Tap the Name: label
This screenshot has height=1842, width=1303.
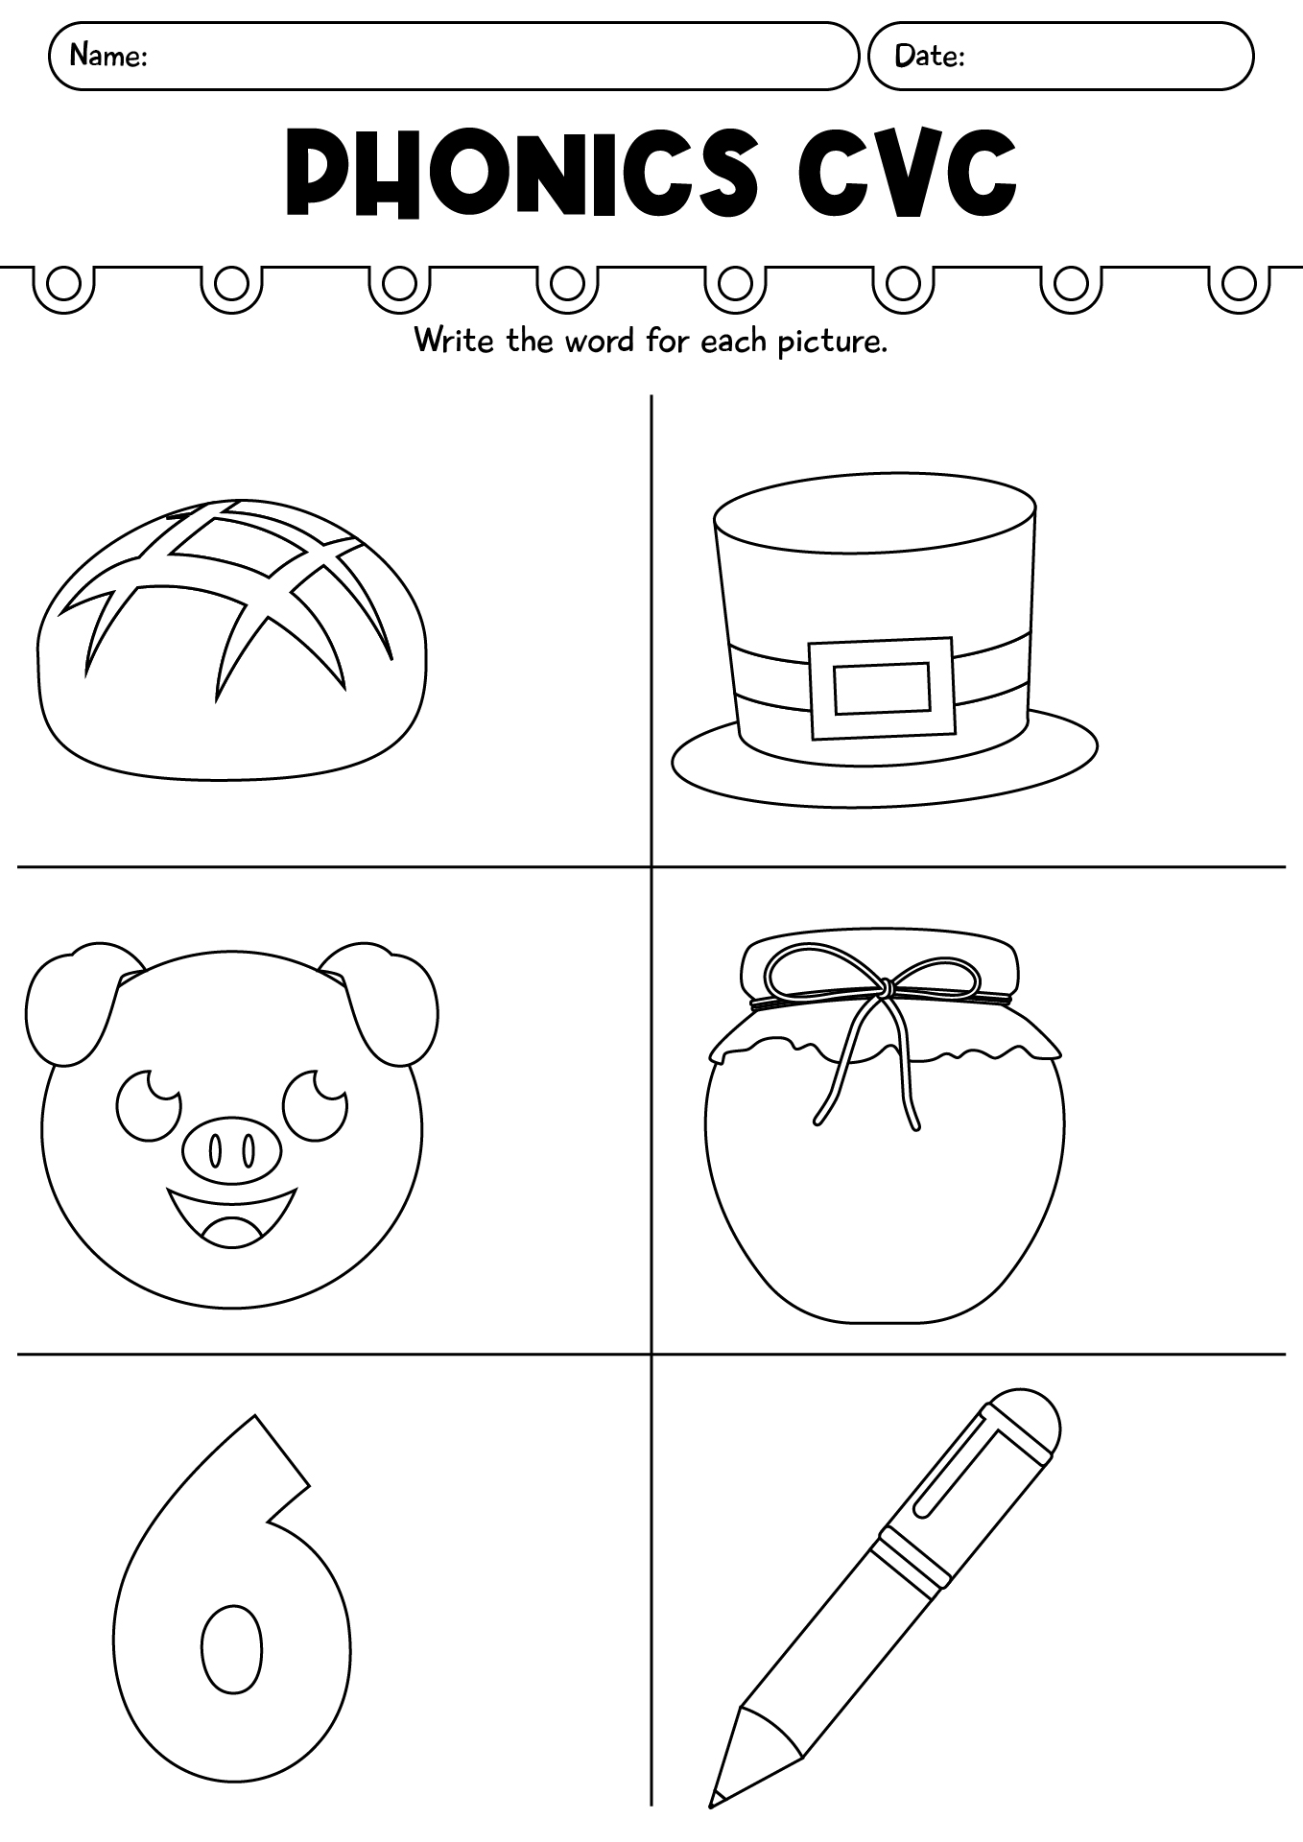tap(107, 56)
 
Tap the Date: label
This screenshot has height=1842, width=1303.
tap(929, 56)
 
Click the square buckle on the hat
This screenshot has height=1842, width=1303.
tap(882, 688)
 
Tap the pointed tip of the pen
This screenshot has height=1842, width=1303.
tap(720, 1792)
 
